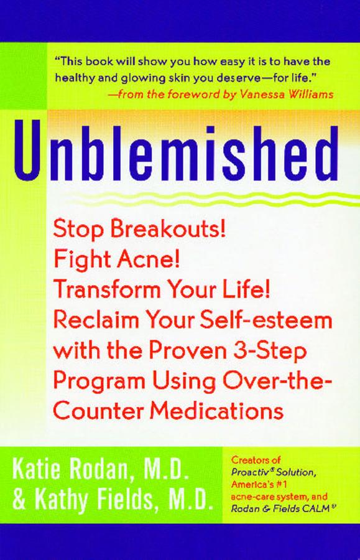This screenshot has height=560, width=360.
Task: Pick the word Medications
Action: (x=216, y=411)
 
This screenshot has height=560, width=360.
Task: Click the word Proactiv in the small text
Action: (x=247, y=472)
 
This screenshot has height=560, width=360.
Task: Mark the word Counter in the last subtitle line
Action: (x=99, y=411)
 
